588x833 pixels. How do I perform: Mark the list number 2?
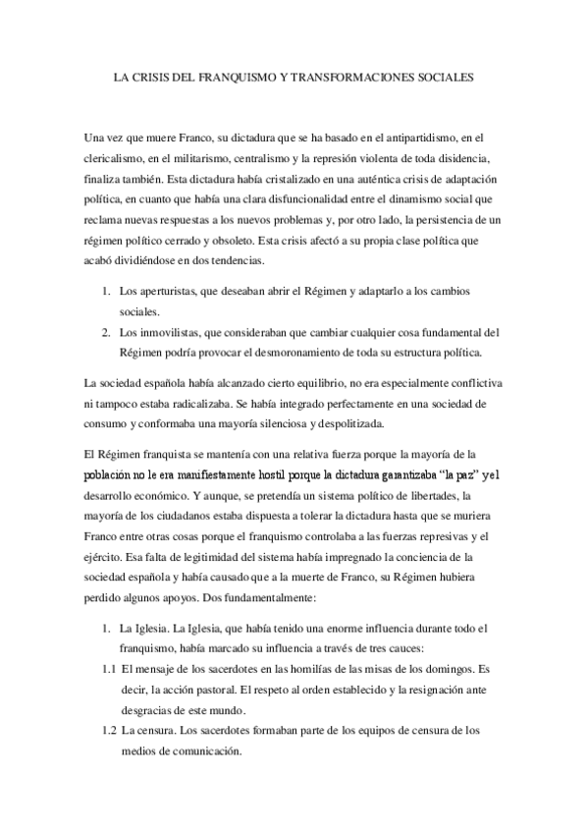106,331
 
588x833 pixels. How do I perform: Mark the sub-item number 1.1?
109,664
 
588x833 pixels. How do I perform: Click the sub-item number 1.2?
109,730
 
